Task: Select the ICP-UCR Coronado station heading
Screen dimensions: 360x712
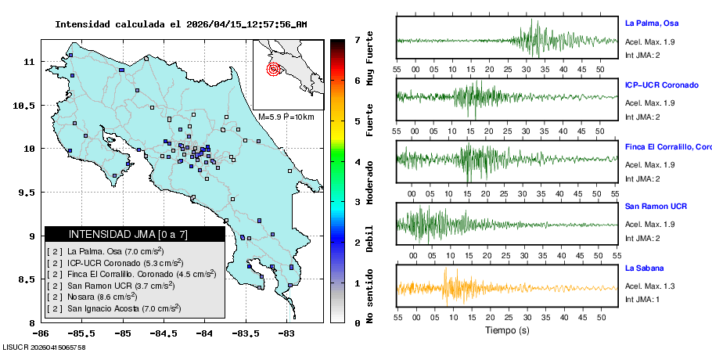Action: coord(661,85)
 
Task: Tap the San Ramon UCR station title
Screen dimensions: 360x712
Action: coord(656,207)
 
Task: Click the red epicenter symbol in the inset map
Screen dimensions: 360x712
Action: coord(273,69)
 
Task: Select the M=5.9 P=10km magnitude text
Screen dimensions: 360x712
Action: coord(286,117)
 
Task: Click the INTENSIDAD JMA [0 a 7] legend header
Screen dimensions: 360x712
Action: coord(135,234)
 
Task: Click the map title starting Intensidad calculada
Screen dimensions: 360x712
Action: coord(181,24)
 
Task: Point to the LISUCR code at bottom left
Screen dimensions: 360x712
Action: coord(44,347)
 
